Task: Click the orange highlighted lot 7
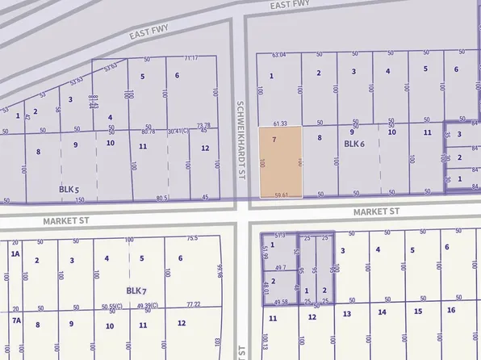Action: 280,161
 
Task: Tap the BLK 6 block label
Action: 355,144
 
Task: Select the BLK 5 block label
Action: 69,189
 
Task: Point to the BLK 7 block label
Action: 136,290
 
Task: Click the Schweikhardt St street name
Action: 240,129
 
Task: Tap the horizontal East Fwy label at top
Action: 291,5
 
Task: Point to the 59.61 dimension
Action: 281,194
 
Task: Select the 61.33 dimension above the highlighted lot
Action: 280,123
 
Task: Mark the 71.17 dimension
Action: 190,58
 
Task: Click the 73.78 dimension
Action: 203,125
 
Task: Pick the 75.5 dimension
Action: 192,238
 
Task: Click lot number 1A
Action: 15,254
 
